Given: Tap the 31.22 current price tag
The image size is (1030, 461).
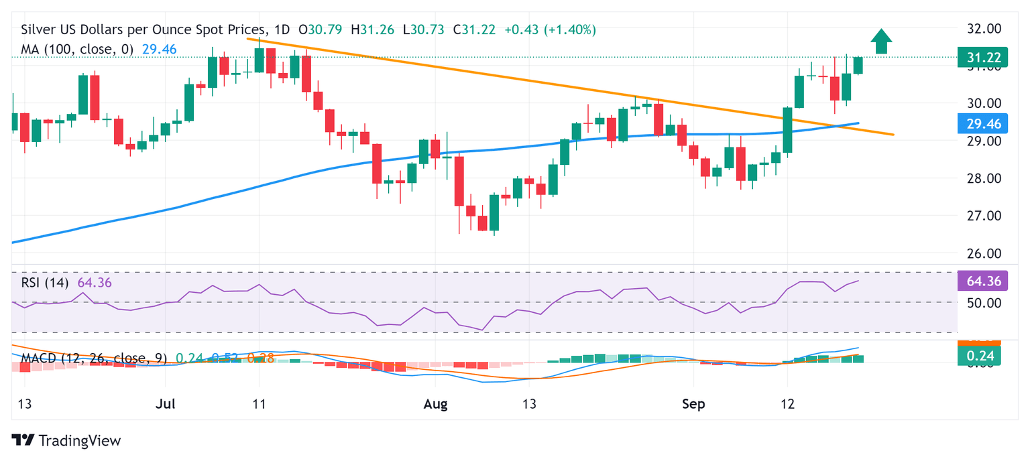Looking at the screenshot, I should point(980,58).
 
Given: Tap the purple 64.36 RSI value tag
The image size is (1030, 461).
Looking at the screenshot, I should point(980,281).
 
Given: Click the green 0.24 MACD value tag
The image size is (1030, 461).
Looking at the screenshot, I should point(980,355).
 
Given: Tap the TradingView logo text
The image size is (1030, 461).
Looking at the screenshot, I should point(68,440).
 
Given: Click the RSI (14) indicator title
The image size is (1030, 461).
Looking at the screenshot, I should point(44,283).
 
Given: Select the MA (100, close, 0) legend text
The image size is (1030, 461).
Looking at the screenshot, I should point(77,49).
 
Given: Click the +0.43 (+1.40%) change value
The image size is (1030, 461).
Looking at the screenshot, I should point(550,30).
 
